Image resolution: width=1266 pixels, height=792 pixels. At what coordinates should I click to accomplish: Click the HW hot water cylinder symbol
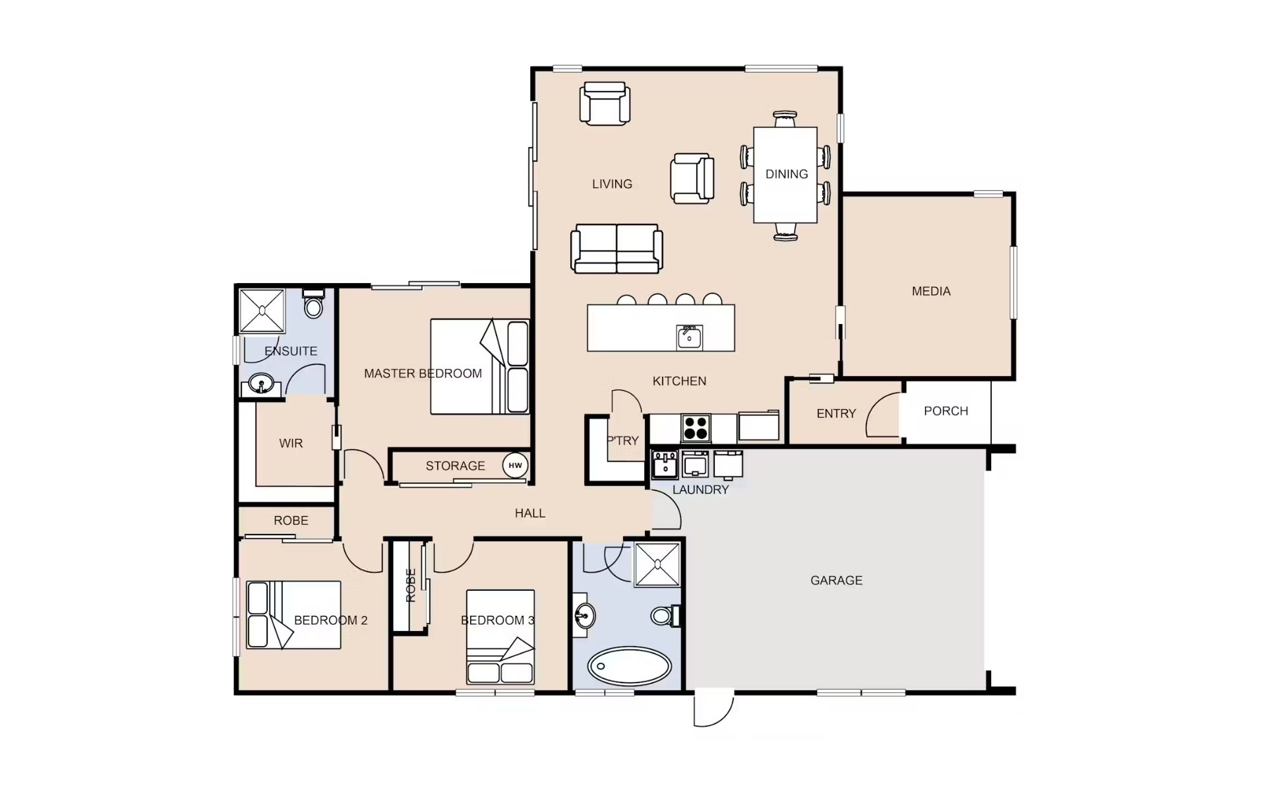(x=515, y=465)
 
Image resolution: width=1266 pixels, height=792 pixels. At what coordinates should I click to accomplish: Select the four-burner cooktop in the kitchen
(x=696, y=428)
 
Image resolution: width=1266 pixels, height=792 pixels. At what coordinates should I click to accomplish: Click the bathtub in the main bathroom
(x=630, y=666)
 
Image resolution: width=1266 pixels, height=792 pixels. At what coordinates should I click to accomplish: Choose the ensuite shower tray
(x=262, y=310)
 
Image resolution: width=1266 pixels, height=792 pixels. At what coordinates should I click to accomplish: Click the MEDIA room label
(x=931, y=291)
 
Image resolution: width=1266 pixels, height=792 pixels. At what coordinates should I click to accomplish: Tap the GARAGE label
(x=836, y=580)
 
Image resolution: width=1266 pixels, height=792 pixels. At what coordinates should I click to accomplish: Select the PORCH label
(x=946, y=411)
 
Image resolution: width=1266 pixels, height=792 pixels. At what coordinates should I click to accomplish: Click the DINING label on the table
(x=787, y=174)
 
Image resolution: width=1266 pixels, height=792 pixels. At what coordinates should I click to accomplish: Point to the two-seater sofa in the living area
(x=617, y=248)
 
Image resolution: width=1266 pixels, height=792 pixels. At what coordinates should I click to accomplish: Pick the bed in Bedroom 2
(x=293, y=614)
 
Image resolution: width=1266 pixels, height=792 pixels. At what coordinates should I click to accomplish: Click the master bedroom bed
(x=480, y=367)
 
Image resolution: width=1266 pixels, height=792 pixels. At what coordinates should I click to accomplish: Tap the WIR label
(x=291, y=444)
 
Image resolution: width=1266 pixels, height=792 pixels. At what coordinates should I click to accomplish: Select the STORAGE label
(x=455, y=466)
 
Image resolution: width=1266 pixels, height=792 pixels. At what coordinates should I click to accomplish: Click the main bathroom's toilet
(x=665, y=616)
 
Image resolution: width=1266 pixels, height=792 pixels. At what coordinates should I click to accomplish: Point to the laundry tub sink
(x=665, y=464)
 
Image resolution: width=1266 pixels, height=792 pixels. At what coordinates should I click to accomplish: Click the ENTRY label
(x=836, y=414)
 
